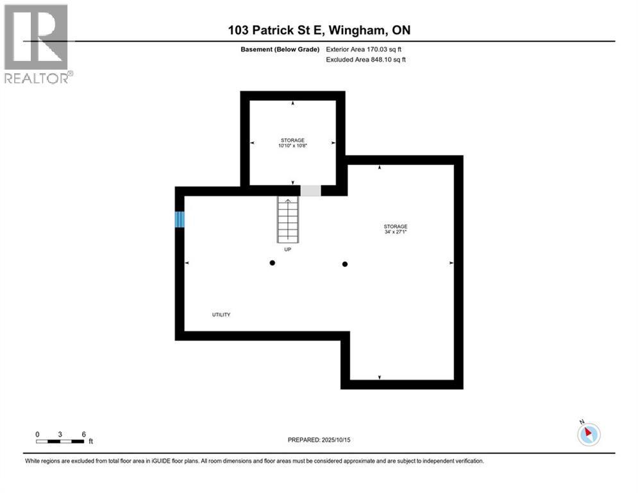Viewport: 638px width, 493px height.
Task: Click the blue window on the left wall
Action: (x=180, y=220)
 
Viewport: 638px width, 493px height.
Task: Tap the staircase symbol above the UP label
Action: (x=288, y=219)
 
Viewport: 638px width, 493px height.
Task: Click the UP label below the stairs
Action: (x=287, y=249)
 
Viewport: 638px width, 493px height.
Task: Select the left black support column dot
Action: (x=273, y=263)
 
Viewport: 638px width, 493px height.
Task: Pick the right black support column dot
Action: (x=345, y=264)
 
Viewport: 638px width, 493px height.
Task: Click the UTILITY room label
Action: (x=221, y=315)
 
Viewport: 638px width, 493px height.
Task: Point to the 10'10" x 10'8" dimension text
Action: (x=292, y=146)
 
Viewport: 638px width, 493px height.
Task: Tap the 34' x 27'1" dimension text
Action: (x=396, y=232)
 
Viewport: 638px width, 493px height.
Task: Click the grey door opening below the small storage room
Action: (x=311, y=191)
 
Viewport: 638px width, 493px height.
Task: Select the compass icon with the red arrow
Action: (x=588, y=434)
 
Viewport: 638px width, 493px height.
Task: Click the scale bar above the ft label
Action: (x=60, y=441)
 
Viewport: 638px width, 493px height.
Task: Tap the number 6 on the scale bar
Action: (x=84, y=434)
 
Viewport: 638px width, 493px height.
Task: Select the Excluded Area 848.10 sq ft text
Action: (x=365, y=60)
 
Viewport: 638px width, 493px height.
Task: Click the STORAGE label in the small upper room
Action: (x=292, y=139)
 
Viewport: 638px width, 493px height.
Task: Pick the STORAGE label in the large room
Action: (x=396, y=226)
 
